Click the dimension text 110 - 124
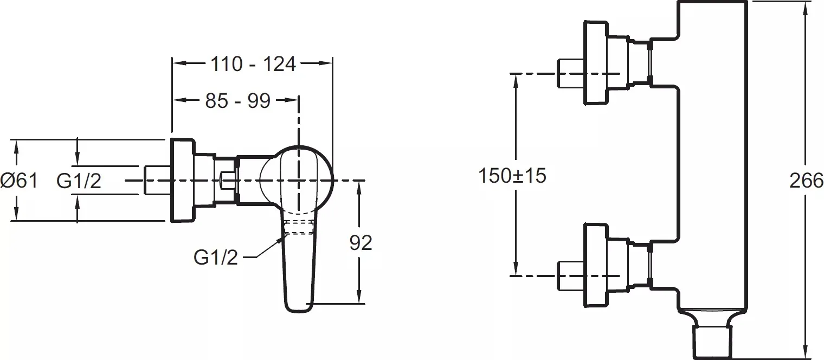click(253, 65)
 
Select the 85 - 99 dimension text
click(237, 100)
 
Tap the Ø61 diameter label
click(19, 181)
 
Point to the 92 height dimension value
click(360, 243)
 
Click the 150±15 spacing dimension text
click(512, 176)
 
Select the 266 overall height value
click(806, 181)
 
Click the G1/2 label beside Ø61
click(79, 181)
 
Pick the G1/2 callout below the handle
click(216, 258)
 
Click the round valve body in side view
click(296, 180)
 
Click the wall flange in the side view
click(182, 181)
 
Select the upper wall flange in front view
click(596, 63)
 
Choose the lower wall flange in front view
click(596, 265)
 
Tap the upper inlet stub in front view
click(570, 73)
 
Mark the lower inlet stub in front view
click(570, 275)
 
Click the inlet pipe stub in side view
click(157, 181)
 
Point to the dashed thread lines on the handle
click(300, 227)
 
